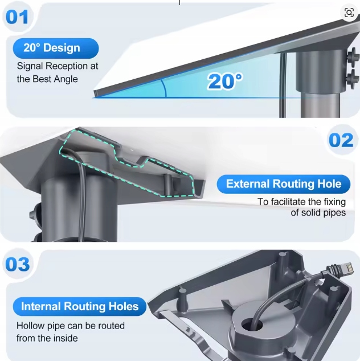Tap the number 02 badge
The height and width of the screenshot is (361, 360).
[341, 140]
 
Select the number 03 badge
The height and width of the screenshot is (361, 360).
[18, 265]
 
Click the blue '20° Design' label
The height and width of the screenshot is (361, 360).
[52, 48]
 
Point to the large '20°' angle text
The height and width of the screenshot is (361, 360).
[224, 81]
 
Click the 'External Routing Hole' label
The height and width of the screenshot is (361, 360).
[284, 184]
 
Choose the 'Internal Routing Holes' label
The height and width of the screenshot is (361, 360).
[80, 307]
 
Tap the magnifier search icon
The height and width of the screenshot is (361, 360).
[349, 13]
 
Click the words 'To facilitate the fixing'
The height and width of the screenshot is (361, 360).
[301, 201]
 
